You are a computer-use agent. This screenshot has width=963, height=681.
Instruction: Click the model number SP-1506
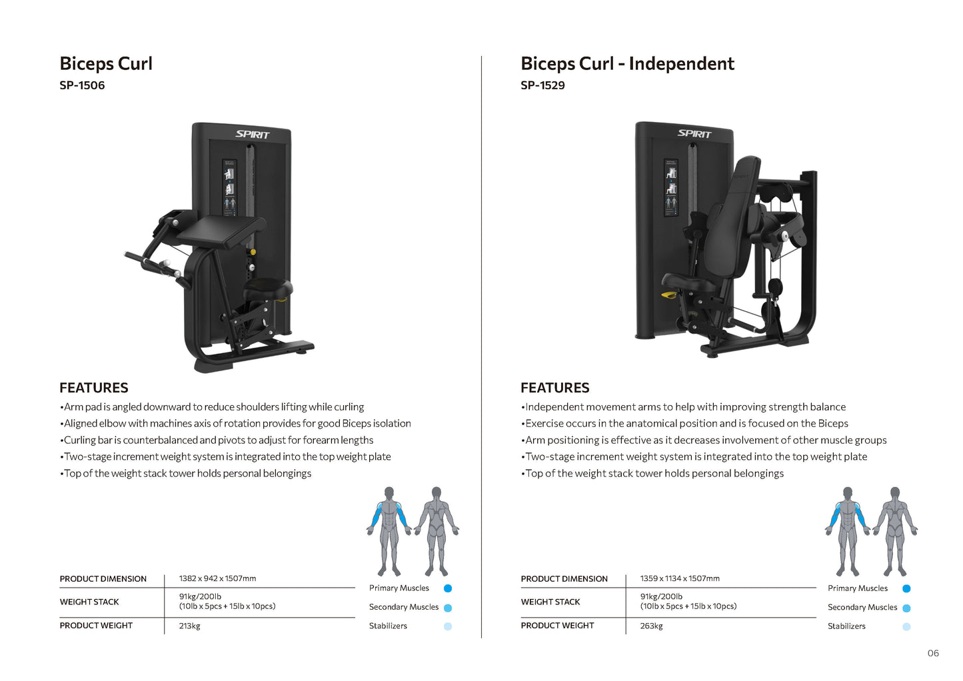coord(82,85)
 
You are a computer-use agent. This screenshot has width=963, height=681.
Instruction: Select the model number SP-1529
coord(542,85)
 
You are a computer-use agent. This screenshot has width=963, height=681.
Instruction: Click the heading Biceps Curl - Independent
coord(627,64)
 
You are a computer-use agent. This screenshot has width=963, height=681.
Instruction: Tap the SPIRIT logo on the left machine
coord(253,135)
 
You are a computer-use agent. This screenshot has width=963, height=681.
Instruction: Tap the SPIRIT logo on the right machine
coord(694,133)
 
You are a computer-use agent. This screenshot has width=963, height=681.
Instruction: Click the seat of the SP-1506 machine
coord(268,289)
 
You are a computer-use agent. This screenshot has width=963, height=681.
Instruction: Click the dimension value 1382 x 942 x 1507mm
coord(217,578)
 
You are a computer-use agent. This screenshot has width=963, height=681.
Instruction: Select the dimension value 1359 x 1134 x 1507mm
coord(680,578)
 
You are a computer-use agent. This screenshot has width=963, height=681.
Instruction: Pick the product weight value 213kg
coord(189,626)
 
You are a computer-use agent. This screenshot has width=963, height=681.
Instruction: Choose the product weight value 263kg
coord(651,626)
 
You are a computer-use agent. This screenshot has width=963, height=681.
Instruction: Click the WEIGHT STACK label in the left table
coord(89,602)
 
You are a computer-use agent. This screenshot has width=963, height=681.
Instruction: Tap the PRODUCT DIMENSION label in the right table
coord(564,578)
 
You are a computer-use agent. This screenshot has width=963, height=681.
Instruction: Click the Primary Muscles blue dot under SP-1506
coord(448,588)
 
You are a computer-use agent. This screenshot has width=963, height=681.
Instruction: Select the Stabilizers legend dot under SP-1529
coord(906,626)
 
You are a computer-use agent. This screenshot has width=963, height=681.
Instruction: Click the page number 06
coord(933,653)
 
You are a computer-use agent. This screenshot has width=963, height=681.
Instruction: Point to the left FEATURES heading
coord(94,388)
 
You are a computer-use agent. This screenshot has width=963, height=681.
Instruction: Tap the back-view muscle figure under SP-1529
coord(895,531)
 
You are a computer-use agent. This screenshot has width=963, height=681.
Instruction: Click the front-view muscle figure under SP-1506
coord(389,531)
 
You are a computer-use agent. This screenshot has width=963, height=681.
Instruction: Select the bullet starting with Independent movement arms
coord(685,407)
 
